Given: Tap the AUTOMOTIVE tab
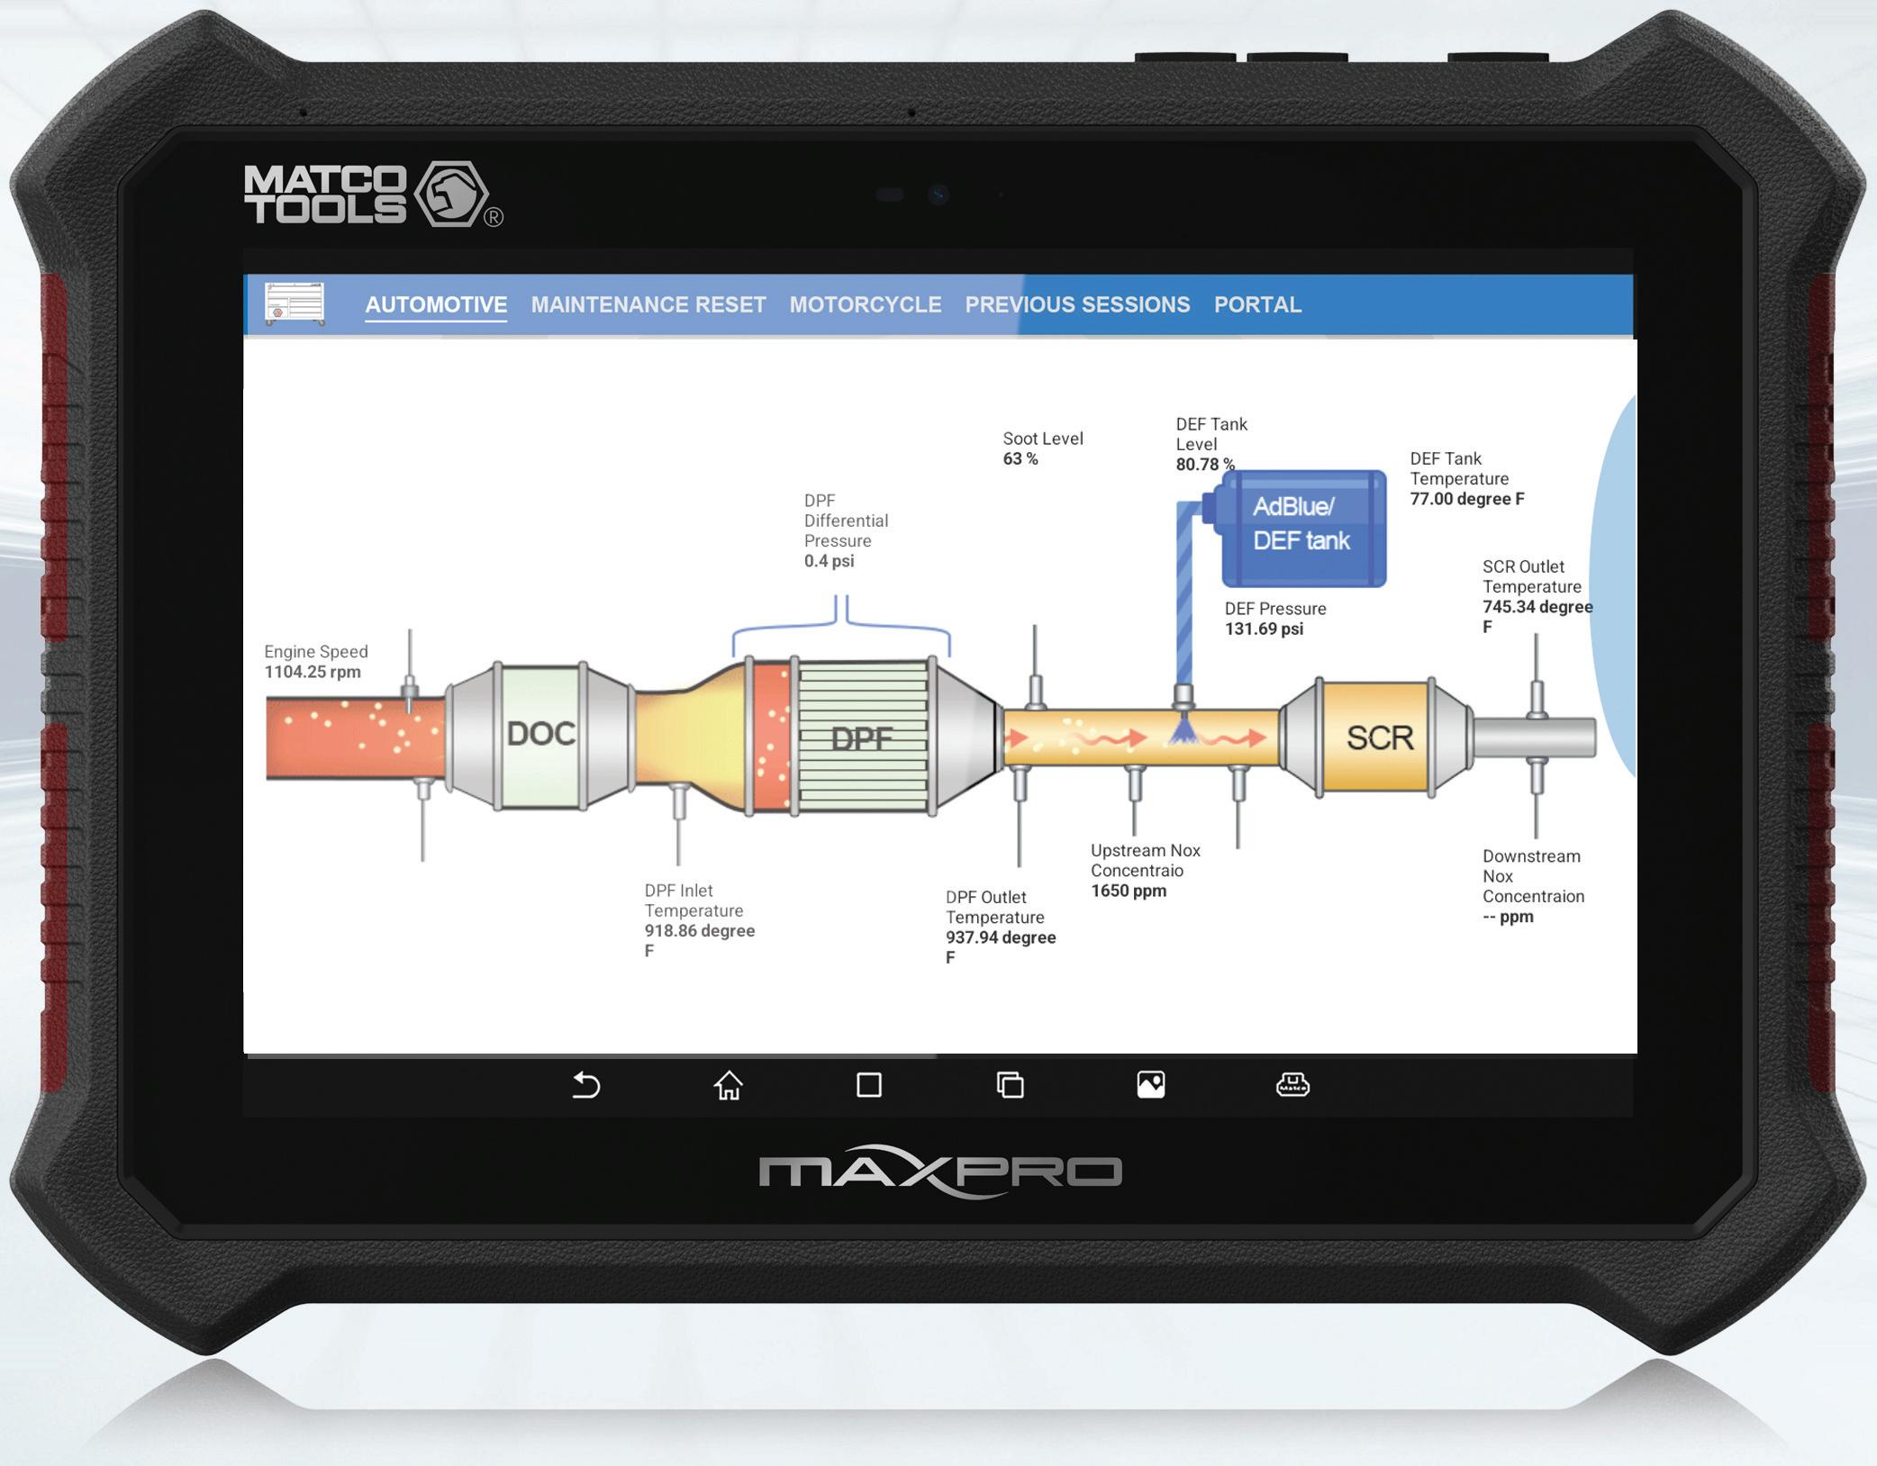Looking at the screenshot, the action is coord(436,304).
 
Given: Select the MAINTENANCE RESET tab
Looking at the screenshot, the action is coord(648,304).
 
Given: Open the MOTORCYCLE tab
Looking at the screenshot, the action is coord(865,304).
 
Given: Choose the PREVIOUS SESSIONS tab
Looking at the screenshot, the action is coord(1077,304).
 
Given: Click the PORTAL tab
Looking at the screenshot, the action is coord(1257,304).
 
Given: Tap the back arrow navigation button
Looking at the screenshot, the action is coord(586,1085).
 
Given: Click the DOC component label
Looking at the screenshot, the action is coord(540,734).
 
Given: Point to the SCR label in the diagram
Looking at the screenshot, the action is coord(1379,738).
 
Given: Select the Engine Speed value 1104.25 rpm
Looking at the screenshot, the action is coord(313,672).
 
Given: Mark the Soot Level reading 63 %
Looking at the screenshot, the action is coord(1020,459).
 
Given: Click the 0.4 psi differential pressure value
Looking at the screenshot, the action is coord(829,561).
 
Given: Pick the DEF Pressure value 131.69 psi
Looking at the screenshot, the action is coord(1264,629).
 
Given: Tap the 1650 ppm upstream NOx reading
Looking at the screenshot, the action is coord(1129,891).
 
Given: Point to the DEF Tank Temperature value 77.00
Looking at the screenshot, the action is coord(1466,499).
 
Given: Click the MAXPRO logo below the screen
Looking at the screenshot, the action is coord(939,1171).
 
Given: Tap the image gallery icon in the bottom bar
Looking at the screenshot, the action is coord(1150,1085).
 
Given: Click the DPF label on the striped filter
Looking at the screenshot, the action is coord(861,739).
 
